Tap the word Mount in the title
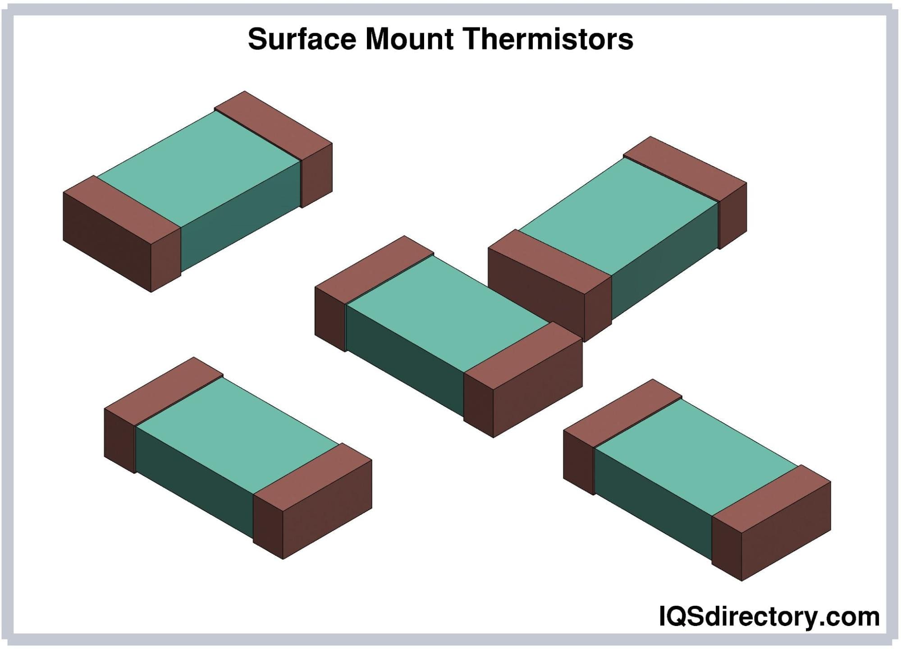(409, 39)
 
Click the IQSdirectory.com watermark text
(769, 617)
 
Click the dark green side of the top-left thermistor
(241, 216)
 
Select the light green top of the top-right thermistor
(618, 215)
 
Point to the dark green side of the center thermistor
(405, 361)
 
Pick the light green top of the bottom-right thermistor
(696, 457)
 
